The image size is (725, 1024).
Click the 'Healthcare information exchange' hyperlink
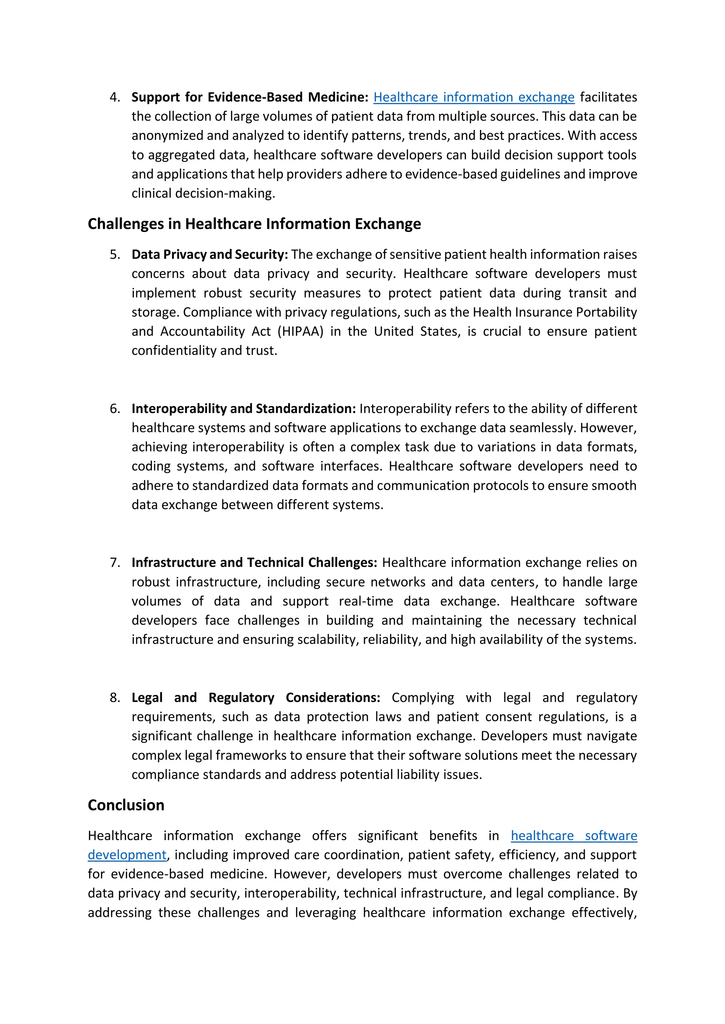[474, 97]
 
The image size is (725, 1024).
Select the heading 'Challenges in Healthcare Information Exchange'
[254, 224]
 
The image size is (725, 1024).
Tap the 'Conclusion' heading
[126, 805]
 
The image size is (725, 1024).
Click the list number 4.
[115, 97]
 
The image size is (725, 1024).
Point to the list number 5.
[115, 255]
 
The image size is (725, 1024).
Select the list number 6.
[115, 408]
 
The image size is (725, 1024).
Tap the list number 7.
[115, 563]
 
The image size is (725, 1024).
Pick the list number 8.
[115, 698]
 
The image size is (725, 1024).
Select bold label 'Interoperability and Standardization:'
[243, 408]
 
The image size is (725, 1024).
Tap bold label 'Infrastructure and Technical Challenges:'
[254, 563]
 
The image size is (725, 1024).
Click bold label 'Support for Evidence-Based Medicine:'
[250, 97]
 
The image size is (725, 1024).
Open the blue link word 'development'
[127, 855]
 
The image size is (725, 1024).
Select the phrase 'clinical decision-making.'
[203, 193]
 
